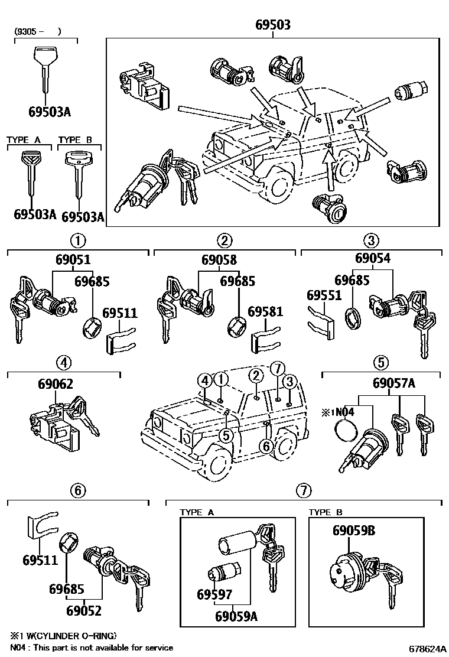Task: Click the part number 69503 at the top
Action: coord(273,25)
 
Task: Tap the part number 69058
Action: coord(219,259)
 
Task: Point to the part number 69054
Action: coord(372,258)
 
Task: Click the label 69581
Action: coord(265,312)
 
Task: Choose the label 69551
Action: coord(324,294)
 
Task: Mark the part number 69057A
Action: coord(393,383)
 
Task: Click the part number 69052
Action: coord(84,611)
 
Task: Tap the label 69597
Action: coord(214,594)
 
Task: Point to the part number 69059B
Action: coord(353,531)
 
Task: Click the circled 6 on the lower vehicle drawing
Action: coord(266,447)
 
